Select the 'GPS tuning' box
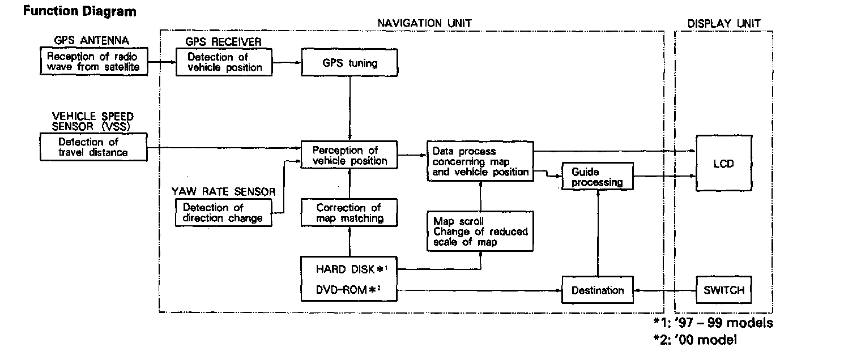point(350,62)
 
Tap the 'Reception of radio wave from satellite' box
point(93,62)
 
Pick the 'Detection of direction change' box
point(223,213)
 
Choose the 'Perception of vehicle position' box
point(350,155)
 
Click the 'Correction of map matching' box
point(350,213)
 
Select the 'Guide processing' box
point(597,177)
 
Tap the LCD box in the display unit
point(723,164)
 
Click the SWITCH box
point(723,290)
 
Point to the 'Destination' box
point(597,290)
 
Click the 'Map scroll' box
point(480,232)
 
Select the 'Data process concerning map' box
point(480,161)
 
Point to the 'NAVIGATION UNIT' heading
point(425,23)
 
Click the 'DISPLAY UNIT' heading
point(723,24)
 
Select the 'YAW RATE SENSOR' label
point(224,192)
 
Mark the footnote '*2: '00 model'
point(695,340)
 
